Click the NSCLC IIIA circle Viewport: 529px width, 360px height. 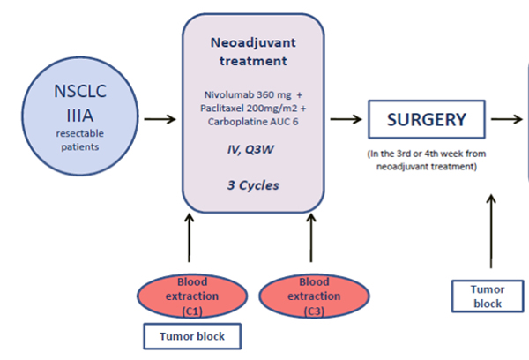pos(80,116)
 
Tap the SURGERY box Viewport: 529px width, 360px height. pos(427,119)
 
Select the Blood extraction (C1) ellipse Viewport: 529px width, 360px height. pos(192,296)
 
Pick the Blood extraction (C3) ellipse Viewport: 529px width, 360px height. pos(314,296)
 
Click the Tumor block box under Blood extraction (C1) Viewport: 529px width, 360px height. pos(192,336)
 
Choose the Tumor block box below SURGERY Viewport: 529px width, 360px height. pos(488,296)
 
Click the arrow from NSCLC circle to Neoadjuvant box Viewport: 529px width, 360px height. pos(160,119)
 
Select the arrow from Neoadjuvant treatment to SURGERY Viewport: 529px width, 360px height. pos(346,119)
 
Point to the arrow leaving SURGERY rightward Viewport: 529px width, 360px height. pos(507,119)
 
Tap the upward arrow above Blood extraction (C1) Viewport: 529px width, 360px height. pos(190,237)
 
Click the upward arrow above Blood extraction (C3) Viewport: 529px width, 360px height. pos(311,237)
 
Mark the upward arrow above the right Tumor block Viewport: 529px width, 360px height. pos(491,231)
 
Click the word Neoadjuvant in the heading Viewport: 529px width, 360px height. pos(253,43)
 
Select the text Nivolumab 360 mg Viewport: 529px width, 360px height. pos(248,94)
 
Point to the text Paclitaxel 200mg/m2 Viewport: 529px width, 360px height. pos(249,108)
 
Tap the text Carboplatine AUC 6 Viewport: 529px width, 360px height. pos(253,122)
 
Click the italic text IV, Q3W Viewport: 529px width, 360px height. pos(250,149)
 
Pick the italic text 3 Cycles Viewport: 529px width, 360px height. pos(253,185)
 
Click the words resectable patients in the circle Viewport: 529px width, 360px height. pos(80,140)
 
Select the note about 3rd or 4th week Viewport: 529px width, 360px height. pos(427,160)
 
